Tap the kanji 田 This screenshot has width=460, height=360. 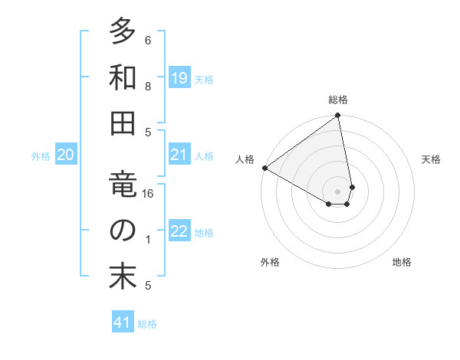[122, 125]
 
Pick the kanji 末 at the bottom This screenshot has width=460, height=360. [122, 277]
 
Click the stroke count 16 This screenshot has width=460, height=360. [148, 195]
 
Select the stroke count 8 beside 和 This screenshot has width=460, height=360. [148, 87]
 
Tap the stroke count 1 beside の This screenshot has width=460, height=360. [148, 240]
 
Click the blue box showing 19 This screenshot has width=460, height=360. [179, 78]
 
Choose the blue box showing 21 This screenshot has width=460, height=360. [179, 155]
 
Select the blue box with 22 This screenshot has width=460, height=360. [179, 232]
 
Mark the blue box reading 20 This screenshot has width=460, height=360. [65, 155]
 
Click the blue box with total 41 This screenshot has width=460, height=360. [123, 323]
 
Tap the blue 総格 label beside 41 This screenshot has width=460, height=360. [147, 324]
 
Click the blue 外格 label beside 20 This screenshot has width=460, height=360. [41, 156]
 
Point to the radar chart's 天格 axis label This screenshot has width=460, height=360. [432, 159]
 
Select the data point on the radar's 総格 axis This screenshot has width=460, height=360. [338, 116]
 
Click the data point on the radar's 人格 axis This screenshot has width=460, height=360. [264, 168]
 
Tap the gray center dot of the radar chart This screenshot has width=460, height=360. [338, 190]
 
